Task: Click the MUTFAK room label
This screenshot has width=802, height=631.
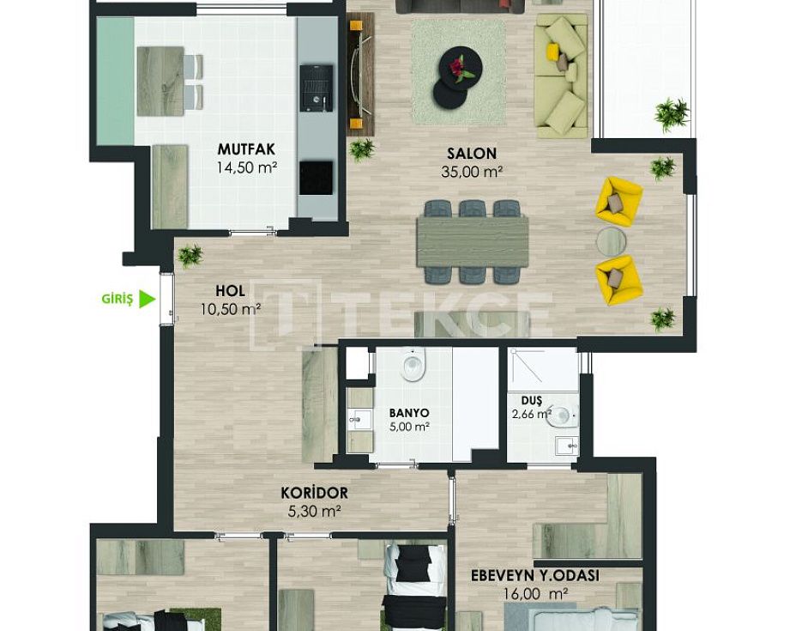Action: coord(246,149)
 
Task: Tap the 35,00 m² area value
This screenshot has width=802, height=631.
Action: coord(472,172)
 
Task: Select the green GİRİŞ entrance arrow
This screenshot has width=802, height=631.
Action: coord(148,299)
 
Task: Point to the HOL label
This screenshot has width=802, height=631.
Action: coord(230,291)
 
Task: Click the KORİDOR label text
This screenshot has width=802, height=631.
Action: coord(314,493)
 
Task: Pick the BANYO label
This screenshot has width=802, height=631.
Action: coord(408,413)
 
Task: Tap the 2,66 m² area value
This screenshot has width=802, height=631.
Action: coord(532,414)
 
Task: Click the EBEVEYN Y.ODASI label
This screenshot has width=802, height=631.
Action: coord(535,576)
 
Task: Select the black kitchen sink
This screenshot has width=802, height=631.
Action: coord(317,88)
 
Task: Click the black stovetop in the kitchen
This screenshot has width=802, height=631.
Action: coord(317,178)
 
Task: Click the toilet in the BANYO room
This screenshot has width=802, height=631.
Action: coord(413,364)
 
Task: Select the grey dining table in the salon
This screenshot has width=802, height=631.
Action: coord(472,241)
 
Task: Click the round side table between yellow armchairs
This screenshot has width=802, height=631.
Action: coord(612,241)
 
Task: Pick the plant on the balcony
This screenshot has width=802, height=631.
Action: coord(672,114)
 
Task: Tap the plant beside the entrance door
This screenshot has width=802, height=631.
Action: coord(190,255)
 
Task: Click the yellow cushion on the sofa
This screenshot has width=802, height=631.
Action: coord(552,50)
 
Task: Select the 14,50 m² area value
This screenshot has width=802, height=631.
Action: coord(247,167)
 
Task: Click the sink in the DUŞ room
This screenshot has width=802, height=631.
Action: coord(566,446)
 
